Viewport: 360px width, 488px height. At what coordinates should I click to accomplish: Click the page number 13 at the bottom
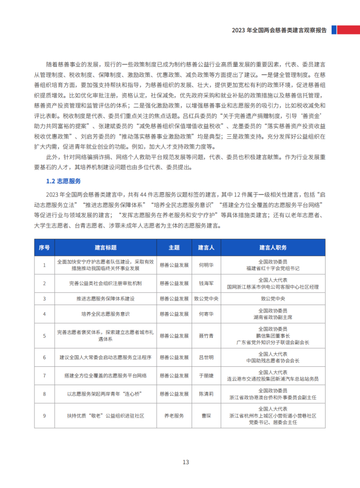(x=186, y=462)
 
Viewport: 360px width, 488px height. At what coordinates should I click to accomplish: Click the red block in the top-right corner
(x=348, y=30)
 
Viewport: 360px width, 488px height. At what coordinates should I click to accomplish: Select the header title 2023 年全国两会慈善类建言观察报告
(x=279, y=30)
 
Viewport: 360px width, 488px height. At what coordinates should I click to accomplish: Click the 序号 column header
(x=44, y=247)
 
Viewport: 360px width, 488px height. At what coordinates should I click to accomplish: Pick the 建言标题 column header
(x=105, y=247)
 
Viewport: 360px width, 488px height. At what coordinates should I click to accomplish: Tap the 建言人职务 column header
(x=273, y=247)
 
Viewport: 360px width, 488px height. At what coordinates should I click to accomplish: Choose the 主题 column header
(x=174, y=247)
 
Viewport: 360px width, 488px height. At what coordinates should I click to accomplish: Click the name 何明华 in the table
(x=206, y=265)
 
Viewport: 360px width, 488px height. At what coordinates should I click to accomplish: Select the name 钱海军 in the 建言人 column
(x=206, y=283)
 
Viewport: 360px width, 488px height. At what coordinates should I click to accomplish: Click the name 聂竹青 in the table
(x=206, y=336)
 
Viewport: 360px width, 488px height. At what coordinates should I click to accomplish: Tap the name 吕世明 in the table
(x=206, y=357)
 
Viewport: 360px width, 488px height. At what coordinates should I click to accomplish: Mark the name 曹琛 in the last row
(x=206, y=416)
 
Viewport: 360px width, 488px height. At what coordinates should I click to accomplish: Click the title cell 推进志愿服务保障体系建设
(x=105, y=298)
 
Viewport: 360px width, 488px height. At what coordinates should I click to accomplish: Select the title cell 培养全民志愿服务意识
(x=105, y=314)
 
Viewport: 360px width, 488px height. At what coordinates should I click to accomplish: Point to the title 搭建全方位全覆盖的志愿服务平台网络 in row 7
(x=105, y=376)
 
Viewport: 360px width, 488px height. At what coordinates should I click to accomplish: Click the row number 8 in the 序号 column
(x=44, y=394)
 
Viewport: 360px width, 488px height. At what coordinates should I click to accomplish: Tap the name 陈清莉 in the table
(x=206, y=394)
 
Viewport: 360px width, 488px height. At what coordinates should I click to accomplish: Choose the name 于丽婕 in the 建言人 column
(x=206, y=376)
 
